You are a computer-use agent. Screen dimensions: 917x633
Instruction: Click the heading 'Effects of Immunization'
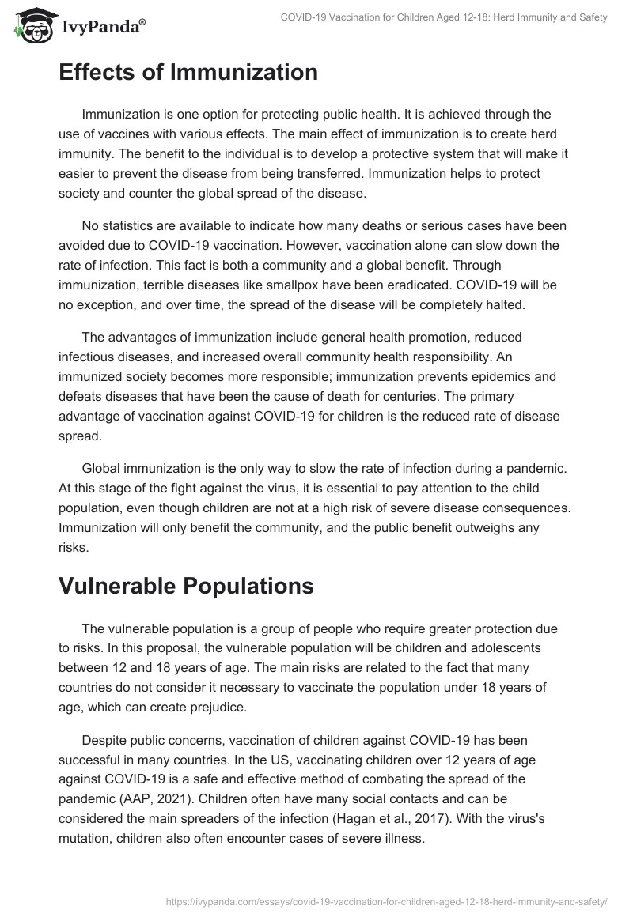click(188, 73)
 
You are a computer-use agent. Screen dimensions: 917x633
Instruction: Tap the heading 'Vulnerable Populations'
click(185, 586)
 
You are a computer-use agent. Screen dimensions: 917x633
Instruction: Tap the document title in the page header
click(444, 17)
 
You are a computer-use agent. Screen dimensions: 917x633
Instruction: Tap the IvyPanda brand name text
click(104, 26)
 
